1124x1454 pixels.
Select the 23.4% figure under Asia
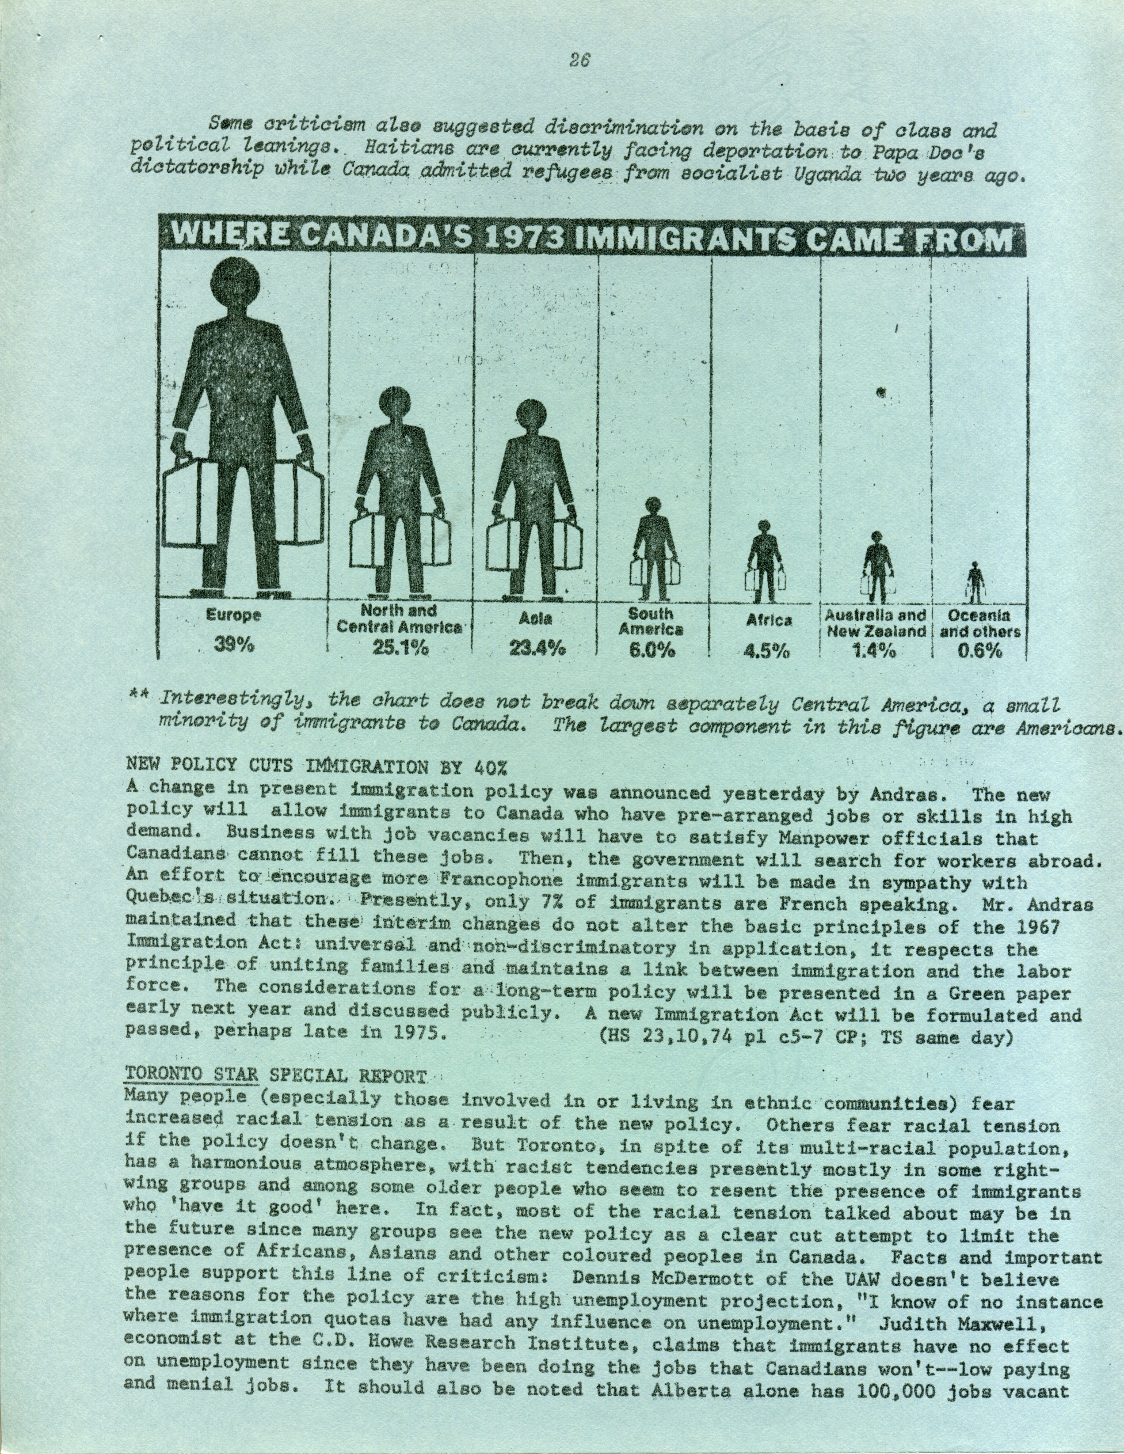coord(537,649)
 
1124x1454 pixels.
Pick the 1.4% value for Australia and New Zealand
coord(874,652)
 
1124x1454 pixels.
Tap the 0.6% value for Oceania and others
coord(979,652)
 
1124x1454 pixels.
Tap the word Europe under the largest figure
coord(233,616)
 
